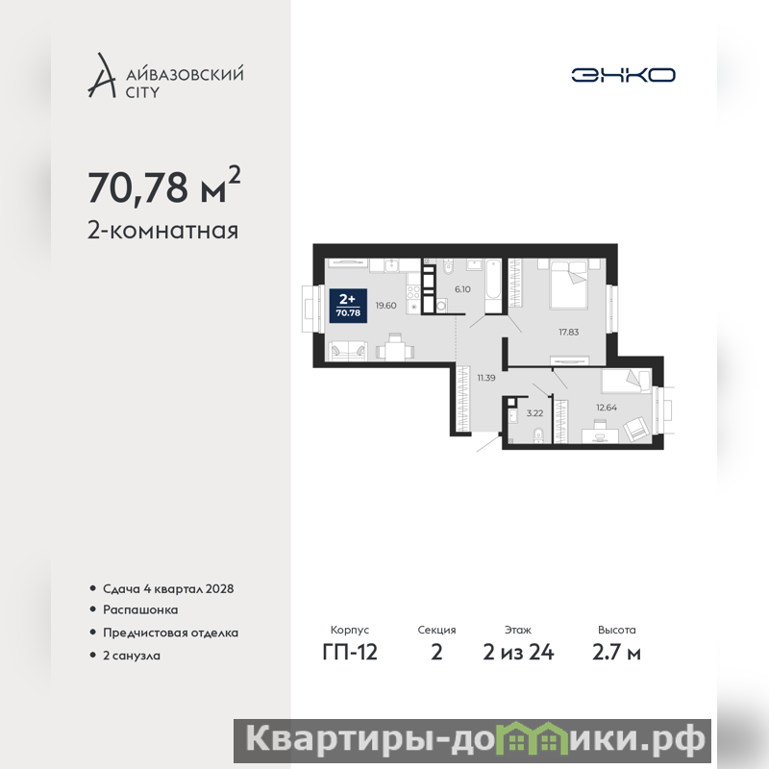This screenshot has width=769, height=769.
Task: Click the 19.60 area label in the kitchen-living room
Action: [x=386, y=306]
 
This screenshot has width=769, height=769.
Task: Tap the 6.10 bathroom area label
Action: [x=462, y=289]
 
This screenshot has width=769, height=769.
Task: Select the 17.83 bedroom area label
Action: [x=568, y=332]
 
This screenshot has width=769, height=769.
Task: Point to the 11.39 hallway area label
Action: [x=486, y=378]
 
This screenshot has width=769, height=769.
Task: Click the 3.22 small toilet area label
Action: [x=534, y=413]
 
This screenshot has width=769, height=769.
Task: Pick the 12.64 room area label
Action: [x=607, y=407]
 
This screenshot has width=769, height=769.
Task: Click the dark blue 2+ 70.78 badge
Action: [x=348, y=306]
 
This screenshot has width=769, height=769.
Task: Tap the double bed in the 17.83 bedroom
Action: [x=569, y=285]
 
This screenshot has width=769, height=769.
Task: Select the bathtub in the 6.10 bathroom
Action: [x=493, y=285]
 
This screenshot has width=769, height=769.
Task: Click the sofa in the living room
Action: [x=348, y=350]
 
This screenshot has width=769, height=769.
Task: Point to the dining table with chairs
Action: [x=395, y=347]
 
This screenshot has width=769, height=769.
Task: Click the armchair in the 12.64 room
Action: [x=636, y=429]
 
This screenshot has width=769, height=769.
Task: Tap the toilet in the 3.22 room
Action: [x=538, y=434]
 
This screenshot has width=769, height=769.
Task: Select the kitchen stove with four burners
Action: [x=413, y=292]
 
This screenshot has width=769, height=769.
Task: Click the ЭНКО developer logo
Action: [x=623, y=75]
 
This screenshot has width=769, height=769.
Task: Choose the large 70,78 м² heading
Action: [x=164, y=186]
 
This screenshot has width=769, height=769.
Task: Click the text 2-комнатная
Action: [x=162, y=231]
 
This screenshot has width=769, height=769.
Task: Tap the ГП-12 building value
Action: [x=350, y=653]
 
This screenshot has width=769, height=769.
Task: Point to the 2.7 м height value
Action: [x=616, y=653]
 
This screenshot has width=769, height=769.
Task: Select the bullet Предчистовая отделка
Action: [x=170, y=633]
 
